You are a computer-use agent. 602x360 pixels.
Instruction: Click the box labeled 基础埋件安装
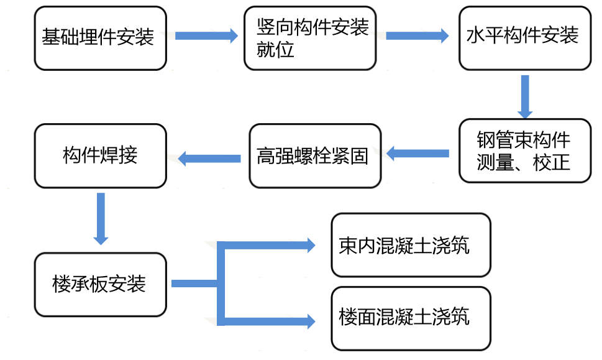(x=100, y=38)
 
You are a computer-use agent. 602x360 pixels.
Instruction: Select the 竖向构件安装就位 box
(x=310, y=38)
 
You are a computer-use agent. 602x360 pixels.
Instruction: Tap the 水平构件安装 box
(x=524, y=38)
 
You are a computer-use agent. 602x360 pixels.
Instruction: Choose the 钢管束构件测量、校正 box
(x=524, y=150)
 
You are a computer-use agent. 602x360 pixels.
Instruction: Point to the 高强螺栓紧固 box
(x=314, y=155)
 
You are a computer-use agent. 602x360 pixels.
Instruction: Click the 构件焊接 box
(x=100, y=155)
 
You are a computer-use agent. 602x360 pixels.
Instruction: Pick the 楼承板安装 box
(x=100, y=284)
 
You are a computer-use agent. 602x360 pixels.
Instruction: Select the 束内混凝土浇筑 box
(x=411, y=245)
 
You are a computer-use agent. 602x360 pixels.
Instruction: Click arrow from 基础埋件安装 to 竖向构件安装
(x=206, y=36)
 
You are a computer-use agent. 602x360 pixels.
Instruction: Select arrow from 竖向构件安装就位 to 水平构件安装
(x=417, y=36)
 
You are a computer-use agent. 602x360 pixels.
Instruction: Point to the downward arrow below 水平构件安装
(x=525, y=96)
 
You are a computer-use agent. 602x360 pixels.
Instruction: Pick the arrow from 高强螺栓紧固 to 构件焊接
(x=209, y=159)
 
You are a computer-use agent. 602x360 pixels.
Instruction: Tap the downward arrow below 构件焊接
(x=101, y=218)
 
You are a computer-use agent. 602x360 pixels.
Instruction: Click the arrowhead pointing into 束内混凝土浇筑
(x=311, y=245)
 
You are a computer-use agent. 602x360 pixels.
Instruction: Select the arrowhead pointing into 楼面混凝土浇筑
(x=311, y=321)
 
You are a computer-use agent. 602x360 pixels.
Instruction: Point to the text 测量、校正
(x=523, y=164)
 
